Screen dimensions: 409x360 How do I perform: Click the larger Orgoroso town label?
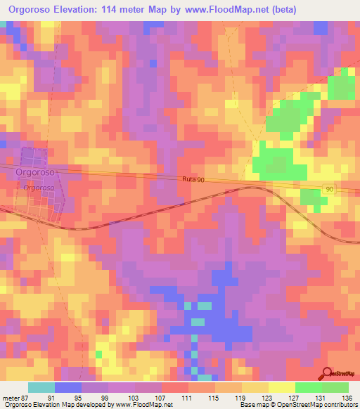35,171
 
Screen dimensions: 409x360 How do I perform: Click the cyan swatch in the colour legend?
41,387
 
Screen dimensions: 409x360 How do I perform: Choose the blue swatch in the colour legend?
67,387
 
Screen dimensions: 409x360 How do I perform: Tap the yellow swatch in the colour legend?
281,387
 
